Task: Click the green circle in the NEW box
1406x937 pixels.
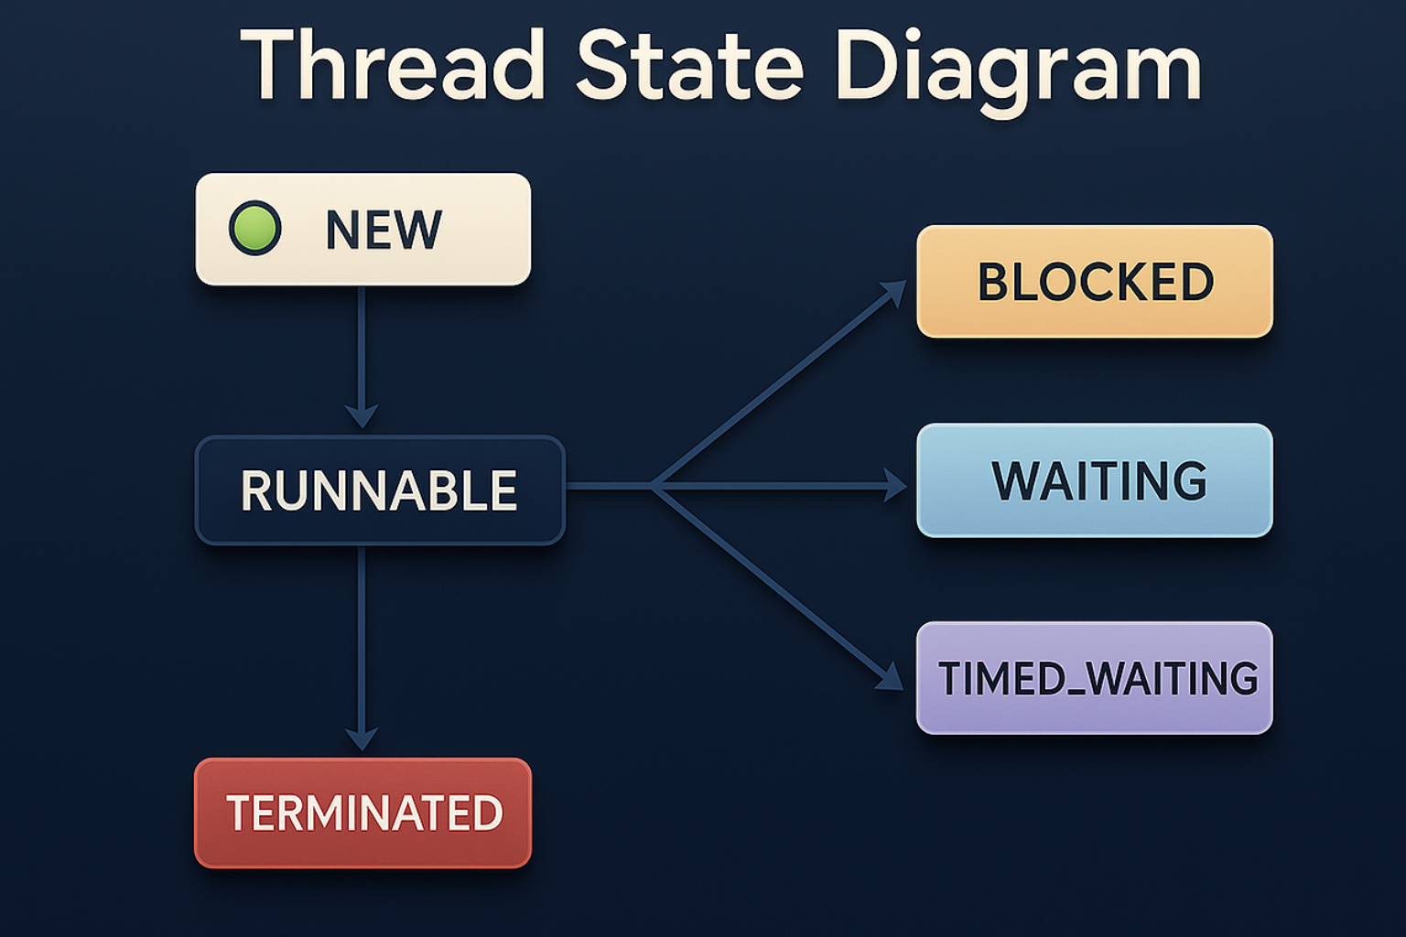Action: [x=254, y=228]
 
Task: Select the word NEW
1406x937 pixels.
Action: [x=384, y=230]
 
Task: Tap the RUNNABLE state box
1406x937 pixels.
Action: [x=380, y=490]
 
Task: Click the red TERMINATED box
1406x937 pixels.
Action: [x=363, y=813]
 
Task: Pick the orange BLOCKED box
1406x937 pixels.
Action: [x=1095, y=282]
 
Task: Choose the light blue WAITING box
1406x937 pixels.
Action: [x=1095, y=480]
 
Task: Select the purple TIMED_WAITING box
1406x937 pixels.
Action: [x=1095, y=678]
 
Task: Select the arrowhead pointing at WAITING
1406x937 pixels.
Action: [x=894, y=485]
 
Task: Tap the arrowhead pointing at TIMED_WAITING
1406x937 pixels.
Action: [x=890, y=678]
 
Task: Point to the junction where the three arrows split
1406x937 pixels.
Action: [x=654, y=486]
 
